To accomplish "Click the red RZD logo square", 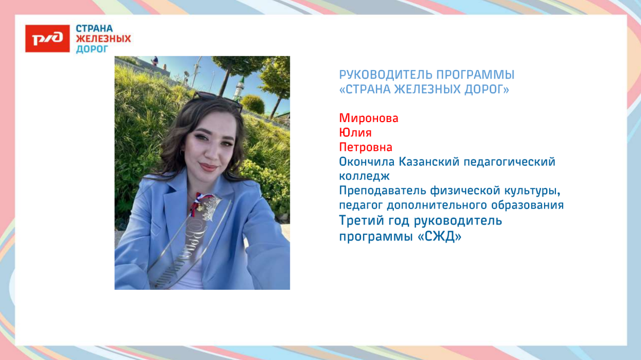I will pyautogui.click(x=47, y=38).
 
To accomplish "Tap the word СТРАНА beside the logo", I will pyautogui.click(x=94, y=29).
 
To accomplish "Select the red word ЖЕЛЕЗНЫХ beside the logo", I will pyautogui.click(x=103, y=39).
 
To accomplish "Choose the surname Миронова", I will pyautogui.click(x=368, y=118).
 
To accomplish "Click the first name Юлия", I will pyautogui.click(x=355, y=133).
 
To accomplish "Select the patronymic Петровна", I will pyautogui.click(x=365, y=147).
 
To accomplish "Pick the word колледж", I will pyautogui.click(x=364, y=176).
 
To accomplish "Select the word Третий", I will pyautogui.click(x=360, y=221).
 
